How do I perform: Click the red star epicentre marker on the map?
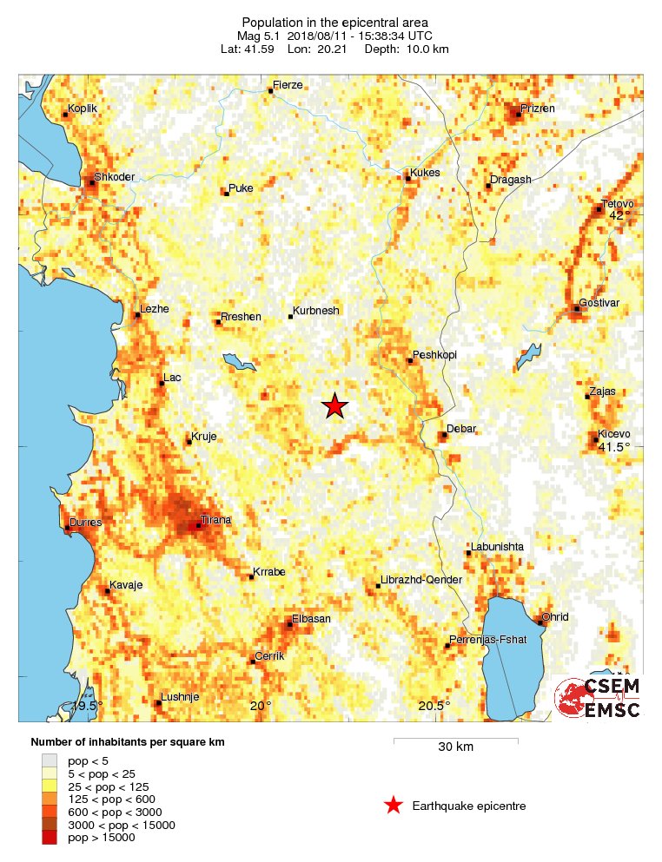coord(334,405)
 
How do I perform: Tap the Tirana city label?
coord(215,520)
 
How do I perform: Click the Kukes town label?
coord(425,173)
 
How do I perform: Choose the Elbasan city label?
coord(311,618)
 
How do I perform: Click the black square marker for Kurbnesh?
coord(290,317)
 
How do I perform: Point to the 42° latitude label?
coord(620,215)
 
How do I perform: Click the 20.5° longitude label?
coord(434,706)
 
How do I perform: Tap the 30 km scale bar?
coord(455,740)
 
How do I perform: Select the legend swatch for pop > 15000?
coord(52,837)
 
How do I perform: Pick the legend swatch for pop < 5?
coord(52,760)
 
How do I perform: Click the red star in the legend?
coord(394,806)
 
